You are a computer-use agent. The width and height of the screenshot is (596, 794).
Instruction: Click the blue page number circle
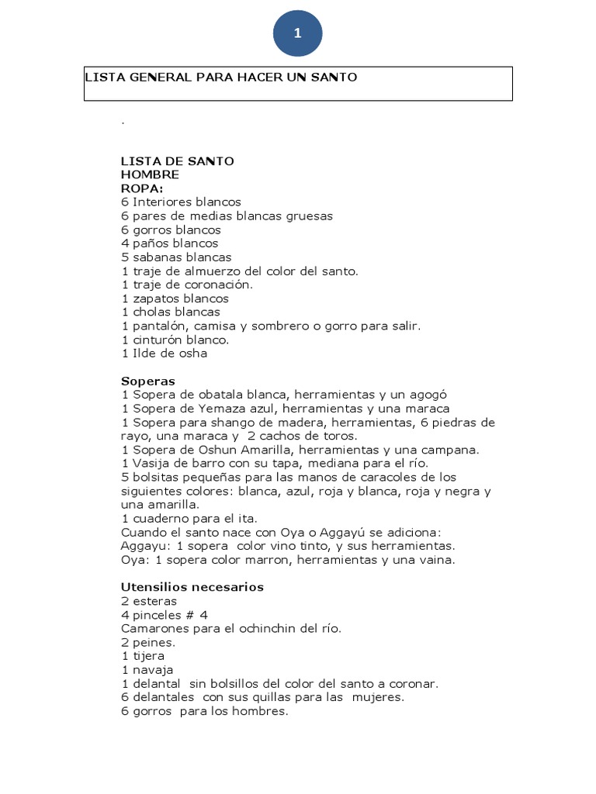click(297, 33)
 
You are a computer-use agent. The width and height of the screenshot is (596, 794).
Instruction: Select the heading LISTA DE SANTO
click(177, 161)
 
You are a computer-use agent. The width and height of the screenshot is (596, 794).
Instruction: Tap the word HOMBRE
click(150, 174)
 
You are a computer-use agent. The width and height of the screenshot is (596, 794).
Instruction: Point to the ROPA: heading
click(142, 188)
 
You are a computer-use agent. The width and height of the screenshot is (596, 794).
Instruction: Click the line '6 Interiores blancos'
click(181, 202)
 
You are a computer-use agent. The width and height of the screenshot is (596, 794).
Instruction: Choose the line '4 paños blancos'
click(169, 243)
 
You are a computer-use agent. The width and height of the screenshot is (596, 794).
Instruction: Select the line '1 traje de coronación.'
click(187, 285)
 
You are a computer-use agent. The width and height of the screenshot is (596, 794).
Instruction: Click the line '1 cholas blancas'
click(171, 312)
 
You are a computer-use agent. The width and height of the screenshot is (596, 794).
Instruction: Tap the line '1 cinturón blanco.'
click(175, 340)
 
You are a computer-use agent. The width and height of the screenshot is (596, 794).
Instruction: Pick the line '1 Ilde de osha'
click(164, 354)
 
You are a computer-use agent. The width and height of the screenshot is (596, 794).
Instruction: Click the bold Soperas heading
click(148, 381)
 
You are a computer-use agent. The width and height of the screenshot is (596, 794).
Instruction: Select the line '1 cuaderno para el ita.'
click(189, 518)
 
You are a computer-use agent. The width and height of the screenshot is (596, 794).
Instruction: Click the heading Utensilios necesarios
click(192, 587)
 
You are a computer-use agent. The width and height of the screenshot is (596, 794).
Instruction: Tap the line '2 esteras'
click(149, 601)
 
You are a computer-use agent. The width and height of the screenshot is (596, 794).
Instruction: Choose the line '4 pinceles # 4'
click(165, 615)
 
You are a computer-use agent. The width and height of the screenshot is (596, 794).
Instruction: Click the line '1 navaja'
click(147, 670)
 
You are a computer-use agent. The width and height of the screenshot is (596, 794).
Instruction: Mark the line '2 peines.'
click(148, 642)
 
